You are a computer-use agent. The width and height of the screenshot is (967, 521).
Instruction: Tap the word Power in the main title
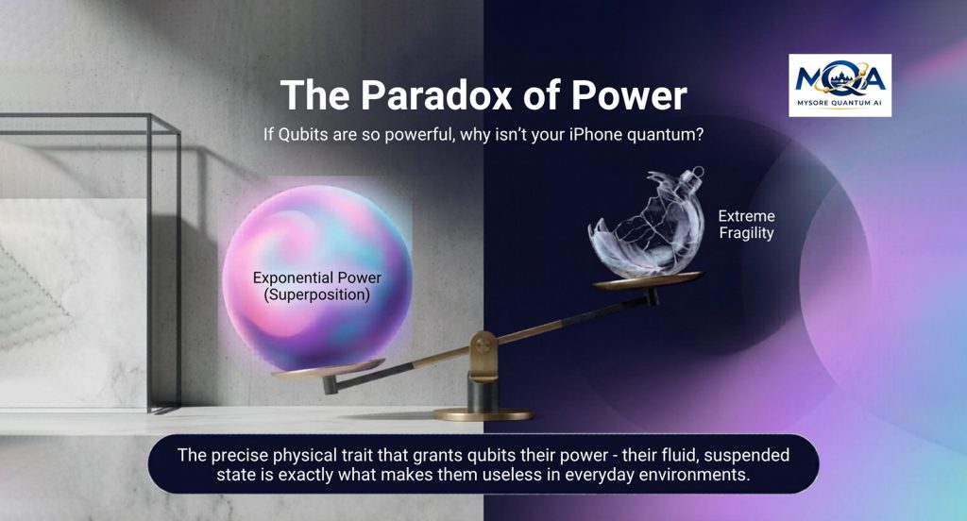coord(628,95)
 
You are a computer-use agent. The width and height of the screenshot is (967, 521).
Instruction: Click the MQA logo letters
coord(840,79)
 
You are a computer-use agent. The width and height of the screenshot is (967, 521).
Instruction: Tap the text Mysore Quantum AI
coord(840,103)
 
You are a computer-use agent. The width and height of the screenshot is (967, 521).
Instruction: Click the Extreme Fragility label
coord(746,225)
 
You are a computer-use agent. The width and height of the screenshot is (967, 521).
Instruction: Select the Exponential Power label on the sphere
coord(317,277)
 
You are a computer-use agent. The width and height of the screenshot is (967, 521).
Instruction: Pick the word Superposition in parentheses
coord(317,294)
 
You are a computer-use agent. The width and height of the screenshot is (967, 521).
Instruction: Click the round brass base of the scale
coord(483,413)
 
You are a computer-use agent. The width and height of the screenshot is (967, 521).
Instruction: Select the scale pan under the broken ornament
coord(648,280)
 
